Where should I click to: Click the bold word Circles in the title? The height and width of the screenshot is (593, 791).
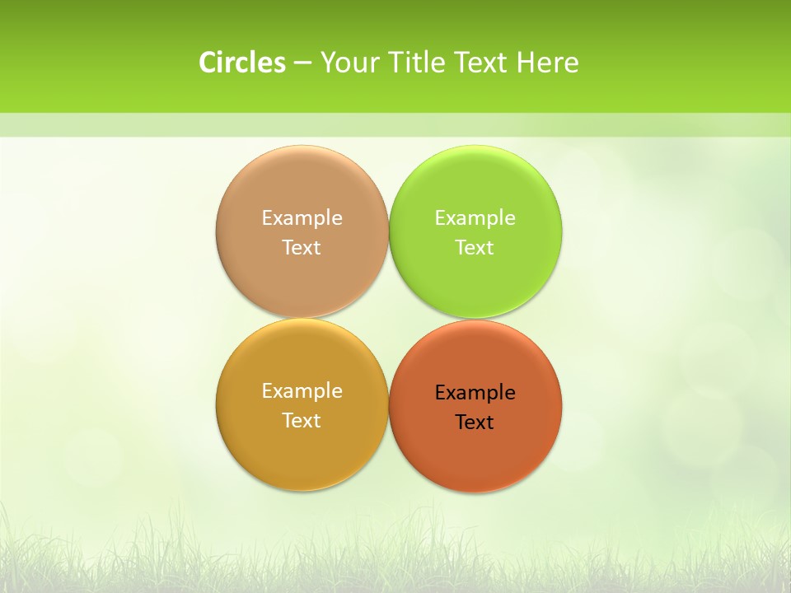242,63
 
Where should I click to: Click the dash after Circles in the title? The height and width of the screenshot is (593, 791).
302,63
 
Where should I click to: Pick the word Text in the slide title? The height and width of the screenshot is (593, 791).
482,63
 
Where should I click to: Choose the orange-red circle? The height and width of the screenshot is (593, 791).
475,453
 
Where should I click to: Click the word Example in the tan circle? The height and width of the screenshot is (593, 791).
302,218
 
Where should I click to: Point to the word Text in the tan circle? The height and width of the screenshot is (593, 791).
302,248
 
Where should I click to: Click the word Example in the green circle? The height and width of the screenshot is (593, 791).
475,218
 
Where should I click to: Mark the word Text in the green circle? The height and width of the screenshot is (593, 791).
475,248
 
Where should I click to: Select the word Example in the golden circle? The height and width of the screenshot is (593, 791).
302,391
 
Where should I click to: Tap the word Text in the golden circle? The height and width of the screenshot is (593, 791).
302,421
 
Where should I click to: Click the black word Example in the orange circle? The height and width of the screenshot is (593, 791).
475,393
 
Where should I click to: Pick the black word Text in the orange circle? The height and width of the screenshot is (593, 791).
475,423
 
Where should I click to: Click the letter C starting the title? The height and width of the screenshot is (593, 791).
207,63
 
